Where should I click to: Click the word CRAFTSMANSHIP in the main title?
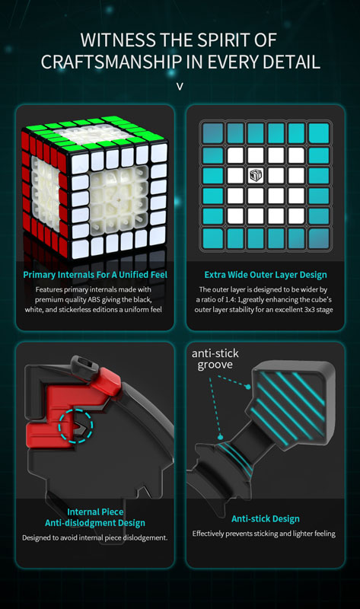[x=111, y=62]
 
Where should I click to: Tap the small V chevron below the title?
[x=180, y=87]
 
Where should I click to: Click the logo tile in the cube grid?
[x=256, y=175]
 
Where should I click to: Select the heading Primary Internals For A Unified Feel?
[x=95, y=275]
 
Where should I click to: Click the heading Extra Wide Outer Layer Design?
[x=266, y=275]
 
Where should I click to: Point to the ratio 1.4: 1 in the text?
[x=234, y=299]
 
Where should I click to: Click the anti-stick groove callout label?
[x=215, y=359]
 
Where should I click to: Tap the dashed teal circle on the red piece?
[x=75, y=426]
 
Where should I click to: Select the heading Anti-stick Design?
[x=266, y=518]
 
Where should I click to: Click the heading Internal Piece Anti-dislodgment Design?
[x=95, y=518]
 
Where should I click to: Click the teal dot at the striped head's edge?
[x=248, y=387]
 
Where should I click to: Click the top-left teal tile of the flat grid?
[x=213, y=132]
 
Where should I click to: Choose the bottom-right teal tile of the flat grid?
[x=319, y=238]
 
